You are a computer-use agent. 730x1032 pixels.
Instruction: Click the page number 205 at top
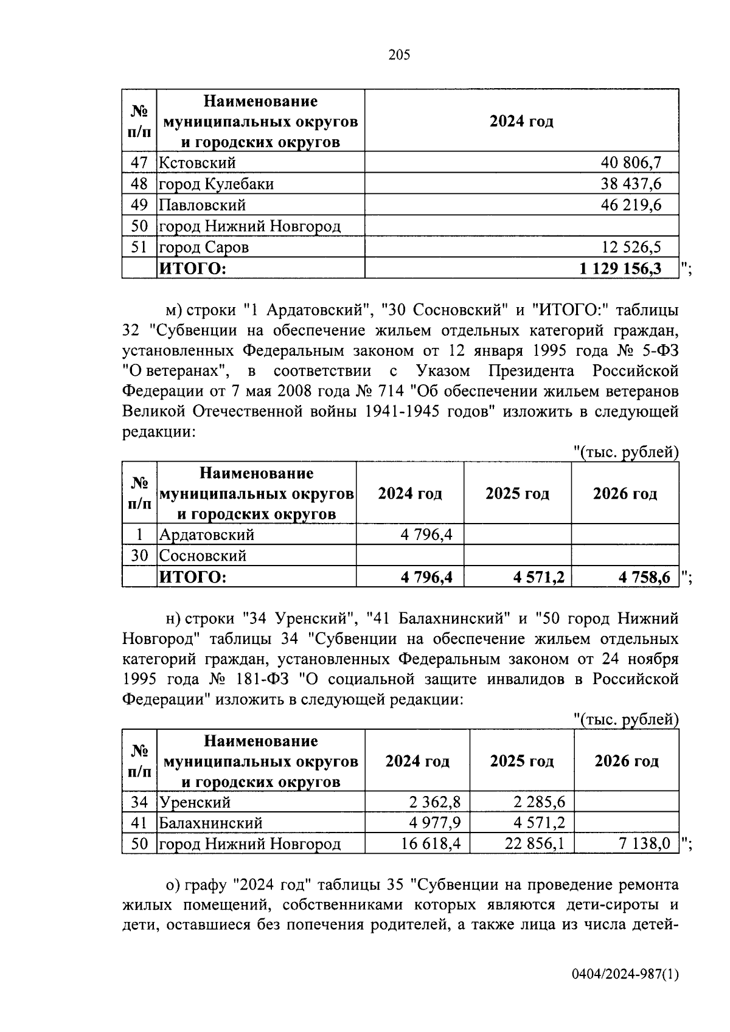(x=400, y=55)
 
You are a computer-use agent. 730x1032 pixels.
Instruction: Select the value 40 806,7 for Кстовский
(x=631, y=162)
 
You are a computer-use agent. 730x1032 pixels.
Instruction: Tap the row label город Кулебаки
(x=216, y=184)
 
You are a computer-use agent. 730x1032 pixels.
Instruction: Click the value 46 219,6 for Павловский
(x=631, y=205)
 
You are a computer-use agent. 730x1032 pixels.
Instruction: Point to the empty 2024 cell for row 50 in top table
(x=521, y=226)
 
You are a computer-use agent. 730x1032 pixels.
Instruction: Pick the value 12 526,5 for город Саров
(x=631, y=248)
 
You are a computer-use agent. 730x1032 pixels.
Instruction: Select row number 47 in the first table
(x=139, y=162)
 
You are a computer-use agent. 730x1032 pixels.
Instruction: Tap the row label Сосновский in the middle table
(x=203, y=556)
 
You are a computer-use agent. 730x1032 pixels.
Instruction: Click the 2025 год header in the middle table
(x=517, y=493)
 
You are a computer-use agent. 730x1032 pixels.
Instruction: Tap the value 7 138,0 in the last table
(x=644, y=844)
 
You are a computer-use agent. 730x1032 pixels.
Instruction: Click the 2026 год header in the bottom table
(x=626, y=761)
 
